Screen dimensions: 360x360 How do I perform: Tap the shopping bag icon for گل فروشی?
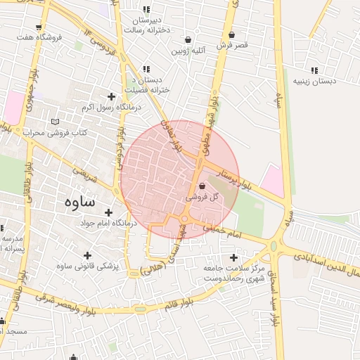[x=202, y=186]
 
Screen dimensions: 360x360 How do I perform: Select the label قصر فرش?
[x=233, y=45]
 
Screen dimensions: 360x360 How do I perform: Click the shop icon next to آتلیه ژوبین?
[x=188, y=39]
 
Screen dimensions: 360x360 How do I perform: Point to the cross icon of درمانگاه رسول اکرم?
[x=110, y=96]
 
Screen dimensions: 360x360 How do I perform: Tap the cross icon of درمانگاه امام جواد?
[x=108, y=212]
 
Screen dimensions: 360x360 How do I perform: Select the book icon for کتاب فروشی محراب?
[x=55, y=122]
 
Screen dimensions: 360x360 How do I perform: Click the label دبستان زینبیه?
[x=314, y=82]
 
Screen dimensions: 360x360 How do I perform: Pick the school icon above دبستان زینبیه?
[x=314, y=70]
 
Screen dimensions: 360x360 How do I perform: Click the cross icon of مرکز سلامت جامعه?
[x=233, y=257]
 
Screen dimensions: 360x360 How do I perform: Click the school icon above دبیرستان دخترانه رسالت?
[x=146, y=9]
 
